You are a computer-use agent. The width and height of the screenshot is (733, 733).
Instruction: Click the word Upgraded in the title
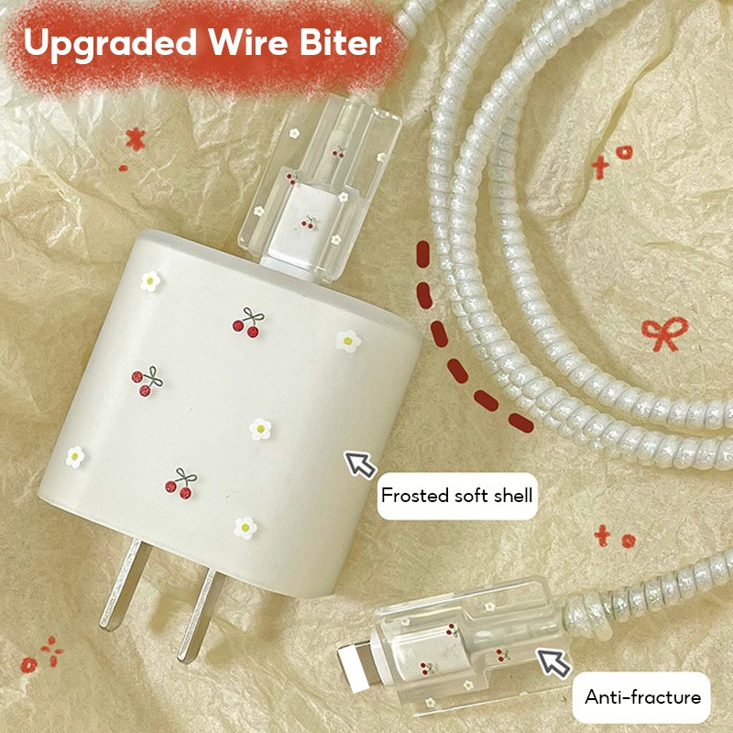[110, 43]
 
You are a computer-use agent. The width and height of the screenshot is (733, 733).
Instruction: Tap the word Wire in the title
[248, 42]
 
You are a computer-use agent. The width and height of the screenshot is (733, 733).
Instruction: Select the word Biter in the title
[340, 42]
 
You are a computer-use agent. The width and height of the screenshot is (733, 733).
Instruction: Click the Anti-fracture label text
[643, 697]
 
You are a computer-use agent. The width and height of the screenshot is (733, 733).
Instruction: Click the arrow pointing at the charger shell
[360, 465]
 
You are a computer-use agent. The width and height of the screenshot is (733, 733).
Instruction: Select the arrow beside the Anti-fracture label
[553, 662]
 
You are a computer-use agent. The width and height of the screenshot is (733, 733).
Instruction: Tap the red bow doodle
[664, 333]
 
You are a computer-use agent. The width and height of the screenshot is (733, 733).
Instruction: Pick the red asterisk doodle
[135, 139]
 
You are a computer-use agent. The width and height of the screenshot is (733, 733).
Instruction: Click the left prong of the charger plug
[126, 584]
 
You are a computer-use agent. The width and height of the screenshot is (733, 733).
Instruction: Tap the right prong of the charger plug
[200, 616]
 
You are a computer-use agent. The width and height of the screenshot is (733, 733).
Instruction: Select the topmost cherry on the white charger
[248, 323]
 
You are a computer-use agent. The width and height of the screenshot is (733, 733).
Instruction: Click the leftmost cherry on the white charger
[147, 381]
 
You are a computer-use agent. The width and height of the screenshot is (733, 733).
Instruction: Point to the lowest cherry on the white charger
[181, 484]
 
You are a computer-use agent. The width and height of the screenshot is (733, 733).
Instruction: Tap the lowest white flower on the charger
[246, 528]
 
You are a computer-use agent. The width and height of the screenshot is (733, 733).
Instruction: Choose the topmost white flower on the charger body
[150, 281]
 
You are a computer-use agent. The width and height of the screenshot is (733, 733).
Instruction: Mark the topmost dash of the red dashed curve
[423, 254]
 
